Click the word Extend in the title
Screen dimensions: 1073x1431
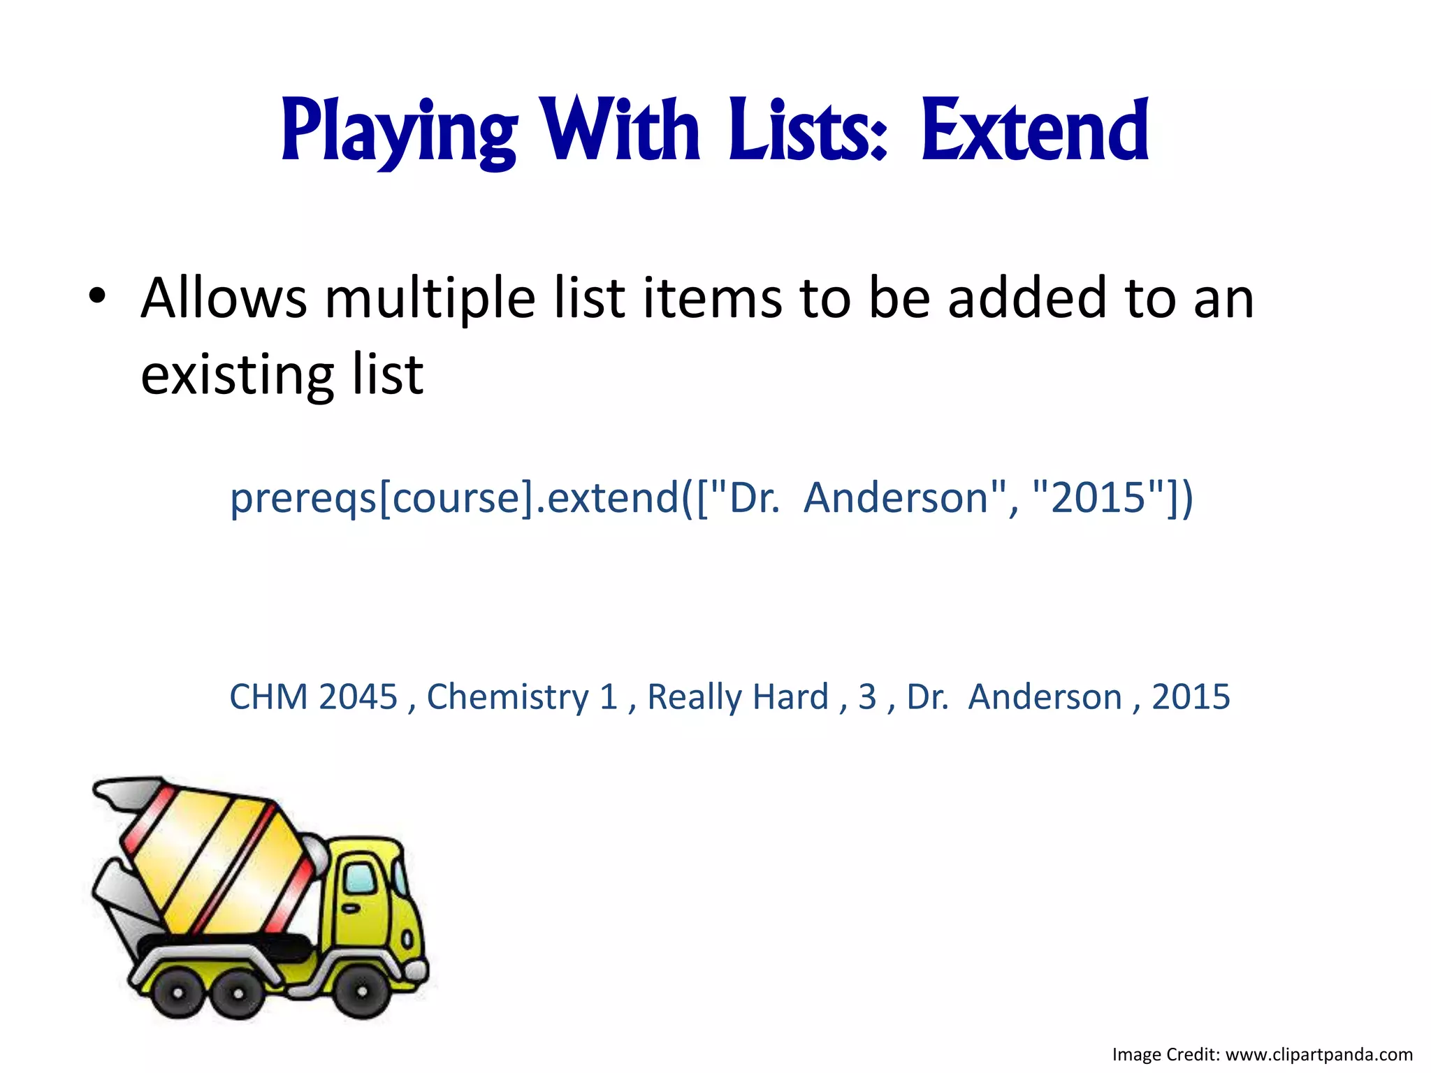pos(1035,131)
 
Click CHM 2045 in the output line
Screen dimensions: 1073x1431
pos(313,696)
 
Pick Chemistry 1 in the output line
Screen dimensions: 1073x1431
pos(522,696)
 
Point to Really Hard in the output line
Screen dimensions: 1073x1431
pos(737,696)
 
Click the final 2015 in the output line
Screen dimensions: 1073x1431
pos(1191,696)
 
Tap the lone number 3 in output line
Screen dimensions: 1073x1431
pos(867,696)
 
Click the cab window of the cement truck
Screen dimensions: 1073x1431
pos(361,878)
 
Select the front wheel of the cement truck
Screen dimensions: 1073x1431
pos(363,991)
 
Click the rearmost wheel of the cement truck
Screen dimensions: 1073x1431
pos(177,993)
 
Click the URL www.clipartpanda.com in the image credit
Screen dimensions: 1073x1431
pos(1319,1054)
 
